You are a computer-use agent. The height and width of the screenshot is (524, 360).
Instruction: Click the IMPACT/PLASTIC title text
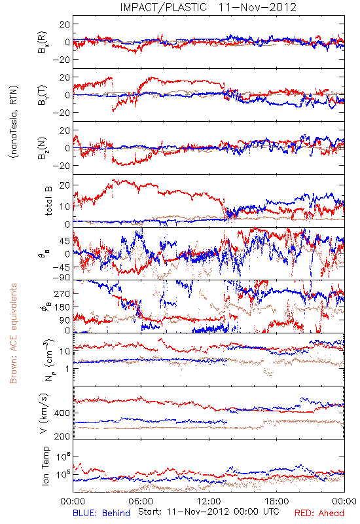pos(163,7)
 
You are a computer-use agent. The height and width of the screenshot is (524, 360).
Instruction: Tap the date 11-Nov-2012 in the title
pos(257,7)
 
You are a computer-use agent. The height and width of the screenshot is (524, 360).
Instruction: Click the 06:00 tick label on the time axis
pos(141,501)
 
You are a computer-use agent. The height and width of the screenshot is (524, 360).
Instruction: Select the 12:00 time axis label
pos(209,501)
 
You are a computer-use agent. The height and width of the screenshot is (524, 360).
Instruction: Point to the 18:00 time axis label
pos(277,501)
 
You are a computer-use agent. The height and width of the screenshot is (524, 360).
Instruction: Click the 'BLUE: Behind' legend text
pos(101,513)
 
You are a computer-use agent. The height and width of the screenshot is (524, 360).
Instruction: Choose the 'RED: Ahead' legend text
pos(319,513)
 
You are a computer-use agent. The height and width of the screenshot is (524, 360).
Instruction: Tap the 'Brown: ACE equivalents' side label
pos(13,333)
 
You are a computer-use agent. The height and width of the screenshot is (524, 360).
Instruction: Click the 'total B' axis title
pos(48,201)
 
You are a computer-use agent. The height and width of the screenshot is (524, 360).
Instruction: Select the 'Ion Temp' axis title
pos(45,466)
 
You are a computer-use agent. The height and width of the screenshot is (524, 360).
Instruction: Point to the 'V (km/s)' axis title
pos(44,413)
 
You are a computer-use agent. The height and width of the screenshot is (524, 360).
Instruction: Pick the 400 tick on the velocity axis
pos(62,413)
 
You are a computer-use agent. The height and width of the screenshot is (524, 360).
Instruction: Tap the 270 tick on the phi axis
pos(62,293)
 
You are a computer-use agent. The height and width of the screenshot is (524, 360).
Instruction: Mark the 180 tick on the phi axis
pos(62,307)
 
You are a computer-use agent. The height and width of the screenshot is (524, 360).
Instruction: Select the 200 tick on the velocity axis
pos(62,436)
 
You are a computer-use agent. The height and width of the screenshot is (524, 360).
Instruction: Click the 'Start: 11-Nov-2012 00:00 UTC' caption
pos(209,512)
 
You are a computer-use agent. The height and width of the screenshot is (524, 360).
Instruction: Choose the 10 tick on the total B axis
pos(65,206)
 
